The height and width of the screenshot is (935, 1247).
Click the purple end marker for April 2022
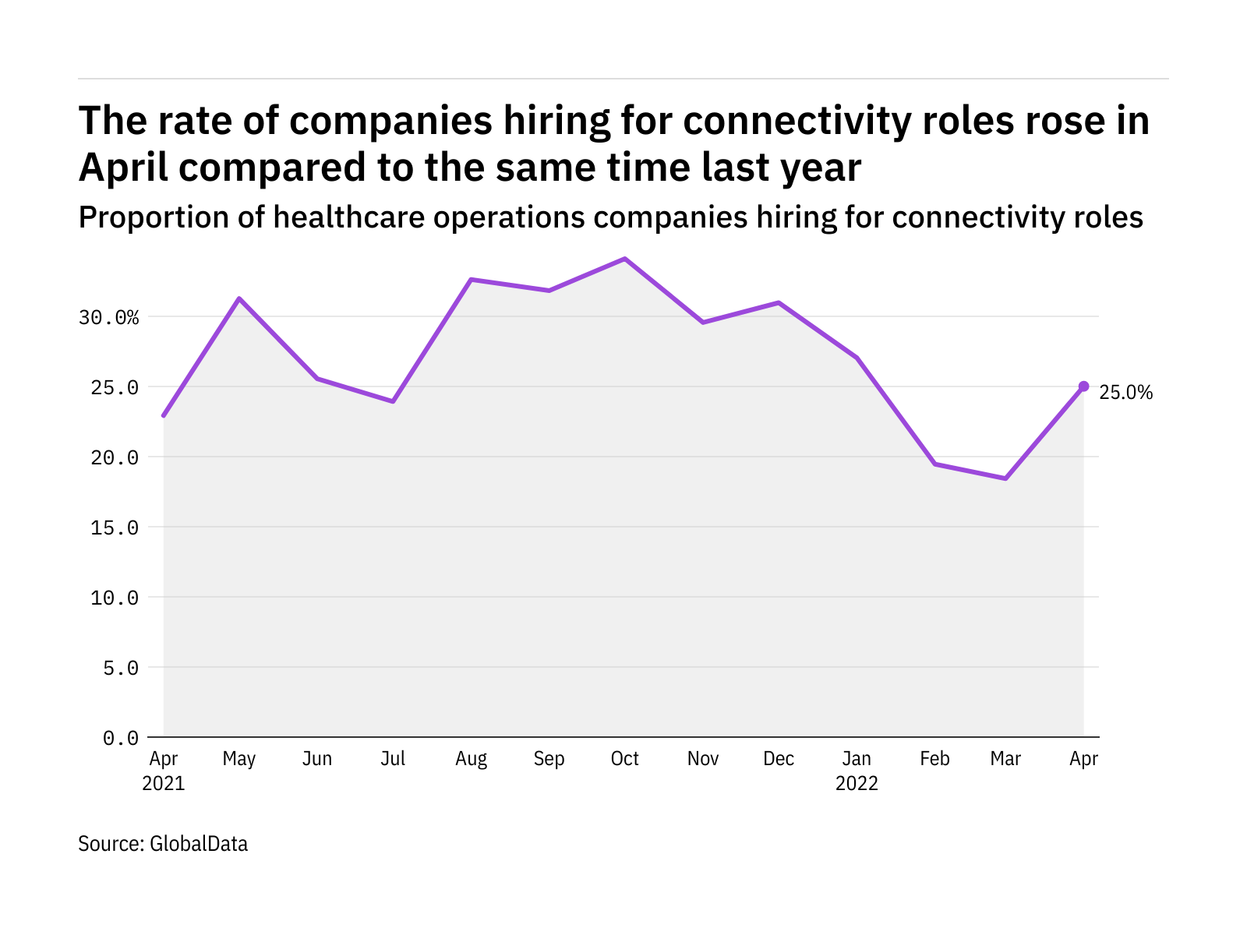coord(1083,386)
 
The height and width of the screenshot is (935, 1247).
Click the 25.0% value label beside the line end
coord(1125,393)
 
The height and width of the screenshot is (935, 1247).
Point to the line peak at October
coord(625,259)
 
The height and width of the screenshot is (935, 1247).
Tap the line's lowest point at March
coord(1005,478)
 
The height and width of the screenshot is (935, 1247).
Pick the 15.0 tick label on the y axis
coord(115,527)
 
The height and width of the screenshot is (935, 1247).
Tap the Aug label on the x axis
coord(471,759)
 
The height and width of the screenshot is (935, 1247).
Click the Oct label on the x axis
coord(625,759)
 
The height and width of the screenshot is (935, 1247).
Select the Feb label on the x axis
coord(934,759)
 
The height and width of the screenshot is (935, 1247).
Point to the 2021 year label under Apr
coord(164,783)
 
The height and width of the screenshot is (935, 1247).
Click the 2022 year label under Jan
coord(857,783)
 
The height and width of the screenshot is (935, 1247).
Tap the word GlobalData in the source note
coord(199,844)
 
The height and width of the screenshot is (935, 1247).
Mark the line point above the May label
coord(239,298)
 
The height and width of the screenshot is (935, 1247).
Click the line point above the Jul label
coord(393,401)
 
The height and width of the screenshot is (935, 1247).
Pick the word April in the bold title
coord(123,168)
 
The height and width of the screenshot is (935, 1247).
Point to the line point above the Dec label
coord(779,302)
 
